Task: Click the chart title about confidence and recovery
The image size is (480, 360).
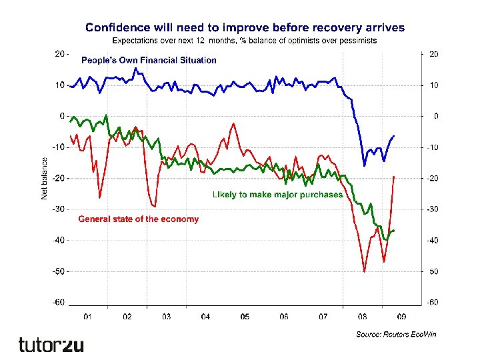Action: pyautogui.click(x=245, y=27)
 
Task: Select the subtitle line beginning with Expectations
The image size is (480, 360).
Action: pyautogui.click(x=245, y=41)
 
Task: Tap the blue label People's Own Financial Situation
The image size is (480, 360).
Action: pyautogui.click(x=149, y=60)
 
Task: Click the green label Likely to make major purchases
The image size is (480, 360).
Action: pyautogui.click(x=277, y=195)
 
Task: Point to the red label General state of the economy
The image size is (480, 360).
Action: pyautogui.click(x=139, y=219)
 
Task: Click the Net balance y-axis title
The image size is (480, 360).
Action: pyautogui.click(x=45, y=178)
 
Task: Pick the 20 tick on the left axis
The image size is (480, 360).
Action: pyautogui.click(x=59, y=54)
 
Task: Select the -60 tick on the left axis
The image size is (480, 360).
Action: pyautogui.click(x=59, y=302)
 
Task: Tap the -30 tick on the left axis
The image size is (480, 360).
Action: pyautogui.click(x=59, y=209)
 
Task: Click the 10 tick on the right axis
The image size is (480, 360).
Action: pyautogui.click(x=433, y=85)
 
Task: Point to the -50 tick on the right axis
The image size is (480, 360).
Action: pyautogui.click(x=433, y=271)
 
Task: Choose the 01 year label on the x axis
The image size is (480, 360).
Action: pyautogui.click(x=87, y=317)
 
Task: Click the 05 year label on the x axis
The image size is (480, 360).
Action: pyautogui.click(x=245, y=317)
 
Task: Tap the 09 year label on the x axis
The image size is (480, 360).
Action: pyautogui.click(x=401, y=317)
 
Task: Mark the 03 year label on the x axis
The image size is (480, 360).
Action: pyautogui.click(x=166, y=317)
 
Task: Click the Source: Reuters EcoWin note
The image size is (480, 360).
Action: pyautogui.click(x=396, y=333)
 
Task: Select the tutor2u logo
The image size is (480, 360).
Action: pyautogui.click(x=51, y=344)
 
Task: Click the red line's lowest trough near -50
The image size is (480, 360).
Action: pyautogui.click(x=364, y=271)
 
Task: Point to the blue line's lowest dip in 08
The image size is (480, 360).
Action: pyautogui.click(x=364, y=165)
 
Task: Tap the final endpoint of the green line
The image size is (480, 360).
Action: pyautogui.click(x=393, y=231)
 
